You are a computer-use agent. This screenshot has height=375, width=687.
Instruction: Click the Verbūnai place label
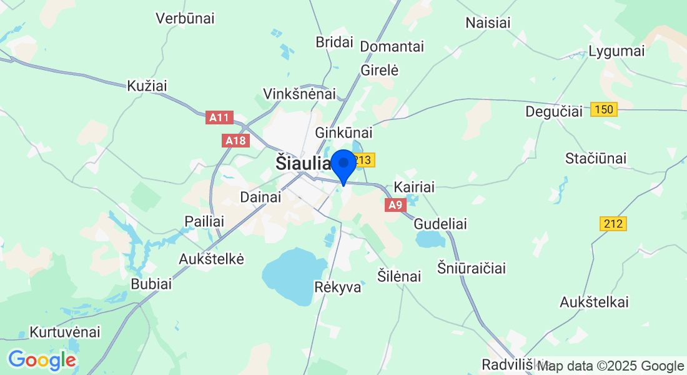[x=185, y=18]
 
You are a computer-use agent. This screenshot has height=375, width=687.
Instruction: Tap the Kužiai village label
[x=147, y=86]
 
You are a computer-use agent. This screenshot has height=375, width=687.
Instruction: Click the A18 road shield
[x=235, y=141]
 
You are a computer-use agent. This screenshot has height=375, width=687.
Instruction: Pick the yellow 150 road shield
[x=605, y=110]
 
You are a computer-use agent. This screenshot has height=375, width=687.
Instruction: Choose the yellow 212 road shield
[x=613, y=223]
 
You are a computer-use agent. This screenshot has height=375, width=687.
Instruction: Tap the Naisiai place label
[x=488, y=23]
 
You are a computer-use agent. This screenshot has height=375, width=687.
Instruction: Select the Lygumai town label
[x=616, y=51]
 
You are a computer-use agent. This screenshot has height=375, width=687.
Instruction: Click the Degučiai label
[x=554, y=111]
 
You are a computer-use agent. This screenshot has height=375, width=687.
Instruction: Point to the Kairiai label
[x=414, y=187]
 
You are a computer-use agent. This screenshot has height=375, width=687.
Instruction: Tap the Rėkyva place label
[x=338, y=287]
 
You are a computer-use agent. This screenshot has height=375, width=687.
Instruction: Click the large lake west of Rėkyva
[x=288, y=275]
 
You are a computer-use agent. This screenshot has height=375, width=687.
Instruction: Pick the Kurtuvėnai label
[x=65, y=332]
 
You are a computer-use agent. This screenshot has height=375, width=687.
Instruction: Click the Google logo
[x=42, y=360]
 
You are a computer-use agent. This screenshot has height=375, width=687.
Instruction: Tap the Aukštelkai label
[x=594, y=302]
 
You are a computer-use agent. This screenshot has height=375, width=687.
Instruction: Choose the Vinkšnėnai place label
[x=299, y=94]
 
